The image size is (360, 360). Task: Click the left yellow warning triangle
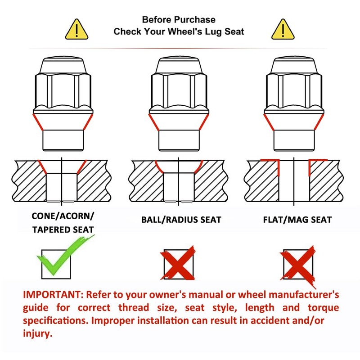(x=76, y=30)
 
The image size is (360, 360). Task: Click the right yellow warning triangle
(x=283, y=30)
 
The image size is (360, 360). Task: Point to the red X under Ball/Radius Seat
(x=178, y=263)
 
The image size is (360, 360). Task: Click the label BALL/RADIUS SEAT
(x=181, y=220)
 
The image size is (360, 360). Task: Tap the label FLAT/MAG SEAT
(x=297, y=220)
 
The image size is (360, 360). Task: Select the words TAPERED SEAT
(x=63, y=229)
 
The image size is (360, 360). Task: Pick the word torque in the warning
(x=323, y=308)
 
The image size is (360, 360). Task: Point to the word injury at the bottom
(x=38, y=333)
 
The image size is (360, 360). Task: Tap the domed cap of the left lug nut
(x=63, y=65)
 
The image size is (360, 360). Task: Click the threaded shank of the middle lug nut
(x=179, y=140)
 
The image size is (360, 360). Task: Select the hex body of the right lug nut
(x=294, y=91)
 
